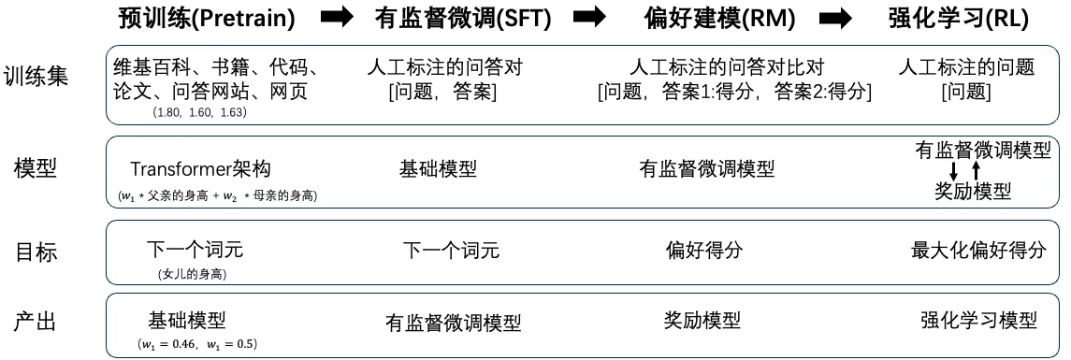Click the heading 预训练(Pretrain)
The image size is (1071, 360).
[208, 18]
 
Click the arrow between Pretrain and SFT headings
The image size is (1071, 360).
[336, 18]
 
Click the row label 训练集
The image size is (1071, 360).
[35, 76]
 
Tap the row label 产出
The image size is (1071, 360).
[35, 322]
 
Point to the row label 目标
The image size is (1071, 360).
[35, 252]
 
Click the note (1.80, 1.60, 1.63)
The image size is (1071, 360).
[200, 112]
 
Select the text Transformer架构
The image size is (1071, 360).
[200, 169]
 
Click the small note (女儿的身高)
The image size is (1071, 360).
[194, 273]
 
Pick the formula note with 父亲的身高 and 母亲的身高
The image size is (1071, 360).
[217, 195]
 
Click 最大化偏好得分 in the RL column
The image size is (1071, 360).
[978, 250]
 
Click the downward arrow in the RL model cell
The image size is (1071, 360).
[953, 171]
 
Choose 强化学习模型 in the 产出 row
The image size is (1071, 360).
[978, 320]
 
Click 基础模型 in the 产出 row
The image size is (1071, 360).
[187, 319]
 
